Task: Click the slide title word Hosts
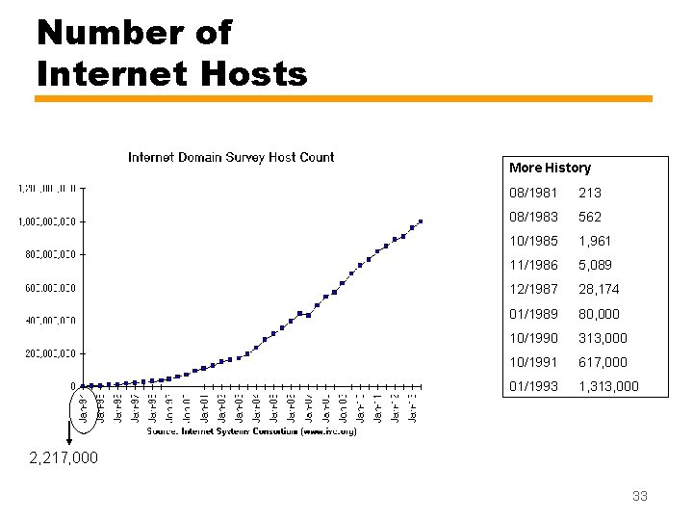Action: [252, 73]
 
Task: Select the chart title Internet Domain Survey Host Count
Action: [231, 157]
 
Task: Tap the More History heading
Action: [550, 168]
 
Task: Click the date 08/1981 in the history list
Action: [534, 193]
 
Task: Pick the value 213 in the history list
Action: [589, 193]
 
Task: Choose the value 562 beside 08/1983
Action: [589, 217]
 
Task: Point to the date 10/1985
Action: [534, 241]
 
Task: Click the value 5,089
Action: [595, 265]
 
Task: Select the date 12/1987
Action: [534, 289]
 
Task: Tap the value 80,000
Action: [599, 314]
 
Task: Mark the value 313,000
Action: [602, 338]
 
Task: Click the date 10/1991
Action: [534, 362]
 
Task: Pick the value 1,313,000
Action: [607, 387]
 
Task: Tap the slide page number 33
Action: [639, 496]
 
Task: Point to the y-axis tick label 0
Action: [74, 386]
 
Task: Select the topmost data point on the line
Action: [421, 221]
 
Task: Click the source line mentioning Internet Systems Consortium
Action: [251, 431]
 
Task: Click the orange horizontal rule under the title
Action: [344, 98]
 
